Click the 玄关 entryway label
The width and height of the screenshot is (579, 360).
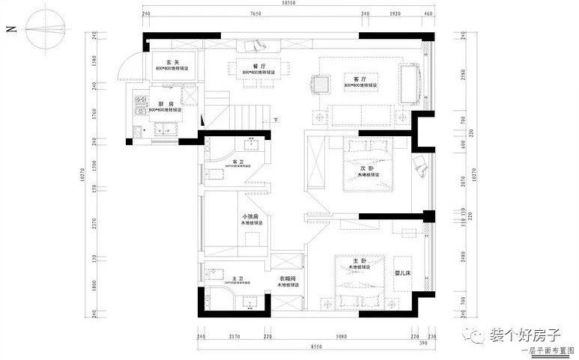[172, 62]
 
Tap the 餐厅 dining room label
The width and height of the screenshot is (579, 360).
[260, 67]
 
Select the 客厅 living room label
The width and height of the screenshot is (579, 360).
[358, 79]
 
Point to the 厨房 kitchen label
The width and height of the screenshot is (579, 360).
[166, 104]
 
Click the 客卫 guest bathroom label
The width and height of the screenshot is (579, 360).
[238, 161]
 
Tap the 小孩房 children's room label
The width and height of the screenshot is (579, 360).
[249, 216]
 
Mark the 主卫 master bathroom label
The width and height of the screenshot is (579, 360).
[237, 278]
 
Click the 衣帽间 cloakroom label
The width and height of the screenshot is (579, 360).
[288, 278]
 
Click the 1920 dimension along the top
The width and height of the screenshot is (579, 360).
[396, 13]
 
